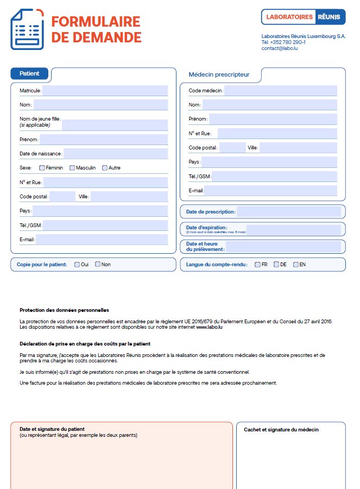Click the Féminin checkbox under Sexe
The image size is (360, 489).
click(42, 168)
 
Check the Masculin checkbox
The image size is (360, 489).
click(72, 168)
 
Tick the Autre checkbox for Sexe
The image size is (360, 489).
click(104, 168)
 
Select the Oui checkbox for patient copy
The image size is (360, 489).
click(77, 265)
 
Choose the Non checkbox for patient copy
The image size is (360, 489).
click(98, 265)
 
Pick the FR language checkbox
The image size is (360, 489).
click(257, 265)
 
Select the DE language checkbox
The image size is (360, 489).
click(276, 265)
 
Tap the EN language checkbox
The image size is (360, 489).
click(296, 265)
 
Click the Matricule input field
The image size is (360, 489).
click(105, 91)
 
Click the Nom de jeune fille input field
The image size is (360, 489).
click(115, 125)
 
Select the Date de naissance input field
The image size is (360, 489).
click(116, 154)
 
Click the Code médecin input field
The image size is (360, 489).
click(281, 91)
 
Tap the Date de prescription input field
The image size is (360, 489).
click(288, 212)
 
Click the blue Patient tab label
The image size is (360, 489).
click(29, 74)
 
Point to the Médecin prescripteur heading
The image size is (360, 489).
click(219, 74)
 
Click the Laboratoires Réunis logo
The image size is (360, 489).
click(303, 17)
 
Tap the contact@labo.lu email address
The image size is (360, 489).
click(279, 48)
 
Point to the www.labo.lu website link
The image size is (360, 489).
click(210, 328)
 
